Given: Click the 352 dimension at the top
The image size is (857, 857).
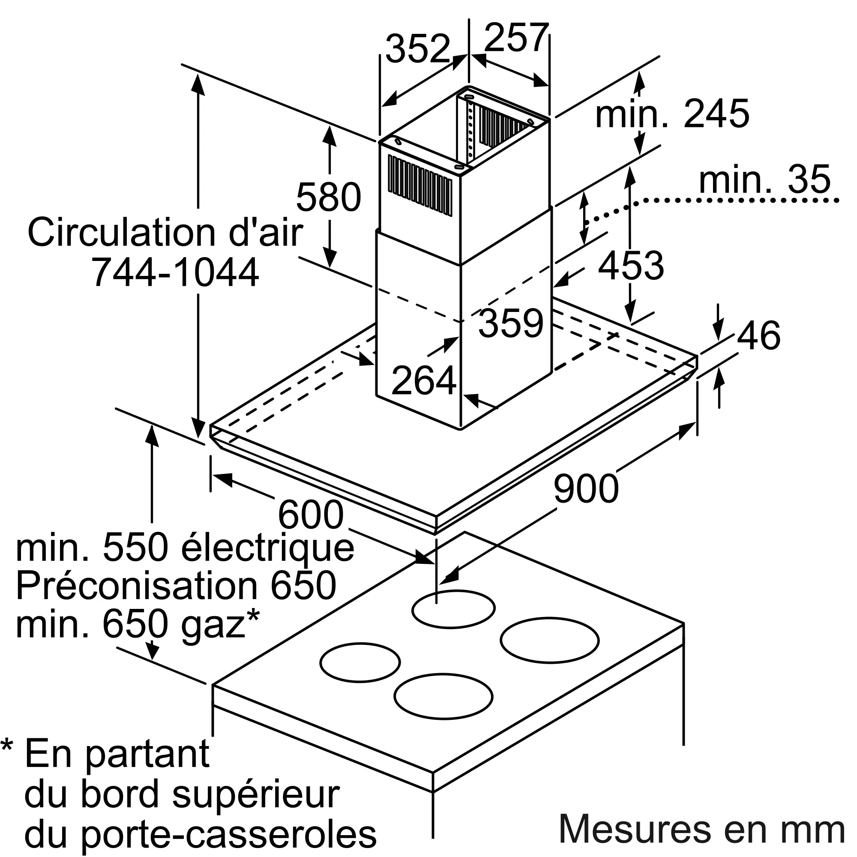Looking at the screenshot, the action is tap(417, 48).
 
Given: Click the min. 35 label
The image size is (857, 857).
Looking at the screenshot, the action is tap(764, 179).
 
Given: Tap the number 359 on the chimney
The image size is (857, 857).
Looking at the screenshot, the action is tap(511, 323).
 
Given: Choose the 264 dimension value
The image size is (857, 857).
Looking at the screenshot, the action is tap(424, 380).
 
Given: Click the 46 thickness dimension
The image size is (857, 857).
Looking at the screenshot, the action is tap(759, 335).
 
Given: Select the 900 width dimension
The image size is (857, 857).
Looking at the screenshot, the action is tap(586, 488).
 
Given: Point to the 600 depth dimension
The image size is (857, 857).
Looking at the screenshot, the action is tap(311, 515).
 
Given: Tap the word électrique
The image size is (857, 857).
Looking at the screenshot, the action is tap(268, 549).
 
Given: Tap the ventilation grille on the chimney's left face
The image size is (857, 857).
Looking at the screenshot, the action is tap(420, 185).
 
